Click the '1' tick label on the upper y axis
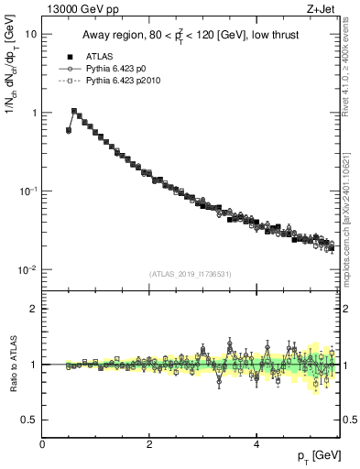point(33,113)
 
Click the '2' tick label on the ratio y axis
point(33,309)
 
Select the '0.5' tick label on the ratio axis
point(28,420)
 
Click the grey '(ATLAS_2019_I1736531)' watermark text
point(189,275)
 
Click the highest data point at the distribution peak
point(74,111)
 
